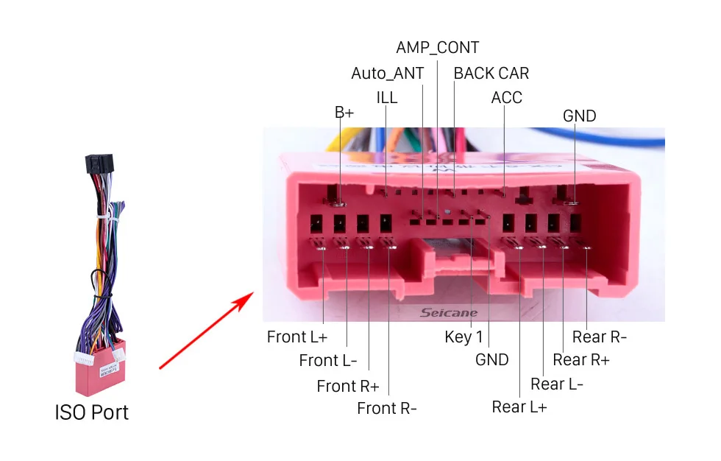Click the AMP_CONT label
[437, 48]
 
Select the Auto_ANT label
[387, 73]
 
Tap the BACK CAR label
[491, 73]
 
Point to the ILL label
[386, 98]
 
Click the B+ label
[344, 113]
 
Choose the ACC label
[506, 98]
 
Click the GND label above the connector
[579, 116]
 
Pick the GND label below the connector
[491, 359]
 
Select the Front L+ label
[297, 337]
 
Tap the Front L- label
[328, 361]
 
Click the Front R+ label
[348, 386]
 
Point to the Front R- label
[387, 408]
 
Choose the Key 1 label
[464, 337]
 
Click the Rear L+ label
[519, 407]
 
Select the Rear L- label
[557, 384]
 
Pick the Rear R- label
[600, 337]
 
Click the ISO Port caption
[92, 412]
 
